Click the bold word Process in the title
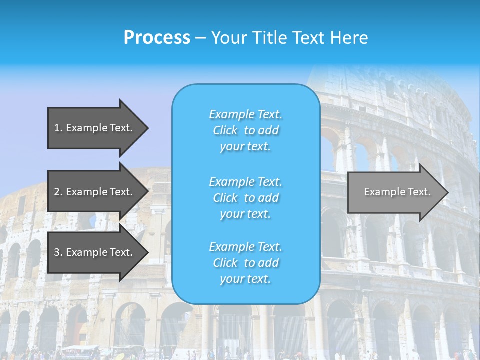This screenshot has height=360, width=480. click(x=157, y=38)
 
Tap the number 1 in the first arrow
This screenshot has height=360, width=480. click(x=57, y=128)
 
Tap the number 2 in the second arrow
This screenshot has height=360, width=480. click(x=57, y=192)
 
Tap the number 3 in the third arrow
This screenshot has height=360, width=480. click(x=57, y=252)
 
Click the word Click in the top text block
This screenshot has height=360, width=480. click(x=225, y=130)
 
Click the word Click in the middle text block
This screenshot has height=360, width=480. click(x=225, y=198)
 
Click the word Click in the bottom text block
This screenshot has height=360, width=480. click(x=225, y=263)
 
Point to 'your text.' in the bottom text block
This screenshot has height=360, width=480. click(x=245, y=279)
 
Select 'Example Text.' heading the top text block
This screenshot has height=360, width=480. click(x=245, y=114)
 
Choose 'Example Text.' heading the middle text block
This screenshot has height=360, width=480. click(x=245, y=182)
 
